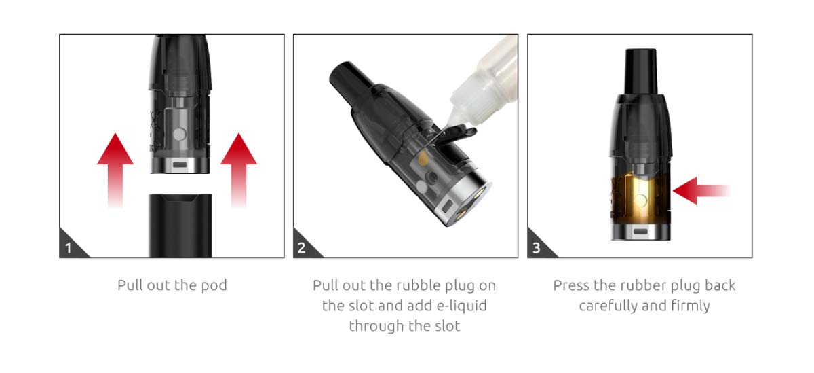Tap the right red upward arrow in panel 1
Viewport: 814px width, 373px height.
point(239,166)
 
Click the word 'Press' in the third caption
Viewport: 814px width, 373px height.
point(571,285)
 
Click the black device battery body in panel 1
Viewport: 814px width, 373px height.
point(179,224)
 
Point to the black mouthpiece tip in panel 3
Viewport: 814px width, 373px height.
point(640,68)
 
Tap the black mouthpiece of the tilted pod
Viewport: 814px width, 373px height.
point(349,78)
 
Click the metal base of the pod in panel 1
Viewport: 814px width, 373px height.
point(179,164)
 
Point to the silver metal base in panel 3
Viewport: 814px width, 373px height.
point(640,231)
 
